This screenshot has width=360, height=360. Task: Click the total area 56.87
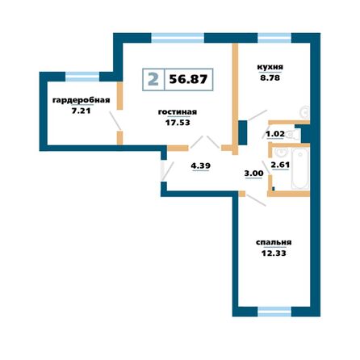click(188, 79)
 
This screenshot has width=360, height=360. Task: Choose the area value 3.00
click(253, 173)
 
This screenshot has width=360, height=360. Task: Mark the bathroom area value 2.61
click(279, 165)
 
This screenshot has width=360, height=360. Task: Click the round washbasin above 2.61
click(279, 151)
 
